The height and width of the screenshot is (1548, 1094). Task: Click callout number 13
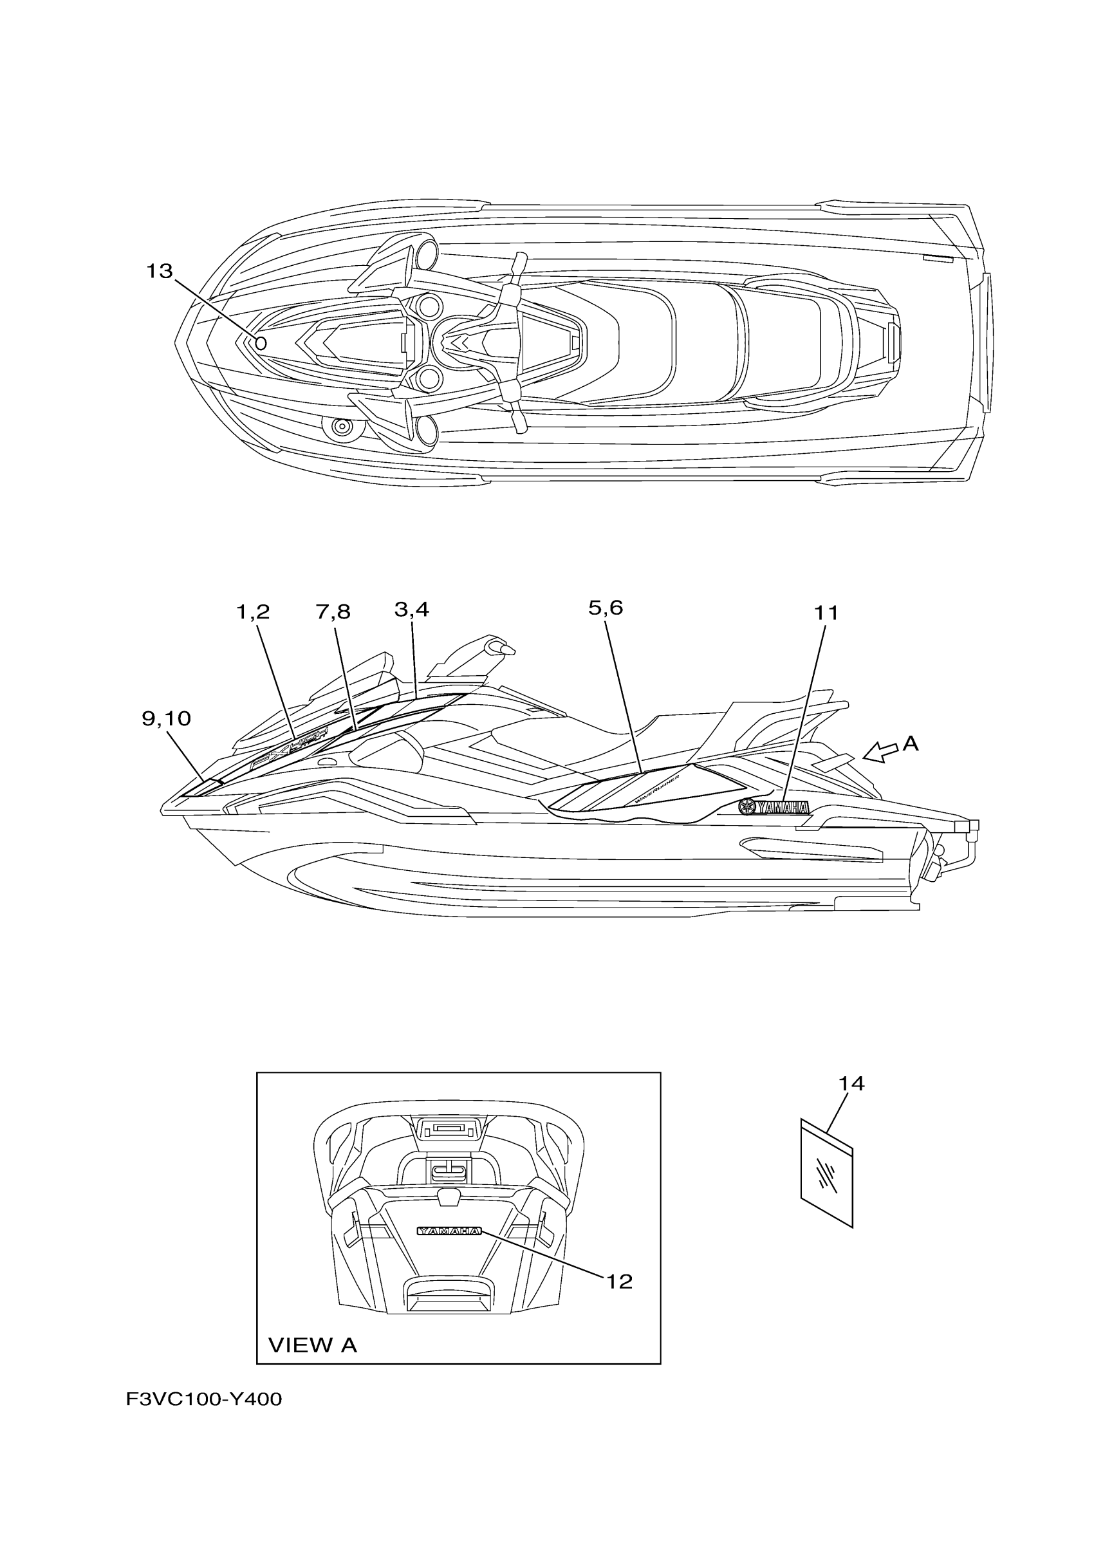tap(160, 271)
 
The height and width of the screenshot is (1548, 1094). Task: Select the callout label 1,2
tap(253, 611)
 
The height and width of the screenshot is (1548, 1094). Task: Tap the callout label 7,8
tap(333, 611)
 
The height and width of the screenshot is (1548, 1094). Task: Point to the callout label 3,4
tap(411, 610)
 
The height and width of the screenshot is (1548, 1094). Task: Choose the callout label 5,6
tap(606, 608)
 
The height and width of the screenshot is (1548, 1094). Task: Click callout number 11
tap(826, 613)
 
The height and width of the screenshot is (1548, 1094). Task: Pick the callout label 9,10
tap(166, 719)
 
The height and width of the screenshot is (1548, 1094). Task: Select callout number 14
tap(851, 1083)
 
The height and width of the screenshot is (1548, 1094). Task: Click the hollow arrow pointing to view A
tap(880, 751)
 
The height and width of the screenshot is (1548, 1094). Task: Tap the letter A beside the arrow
tap(911, 743)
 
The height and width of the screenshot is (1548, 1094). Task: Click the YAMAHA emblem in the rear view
tap(449, 1231)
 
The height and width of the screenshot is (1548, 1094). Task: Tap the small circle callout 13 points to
tap(261, 342)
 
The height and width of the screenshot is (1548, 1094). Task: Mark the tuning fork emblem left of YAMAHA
tap(746, 807)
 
